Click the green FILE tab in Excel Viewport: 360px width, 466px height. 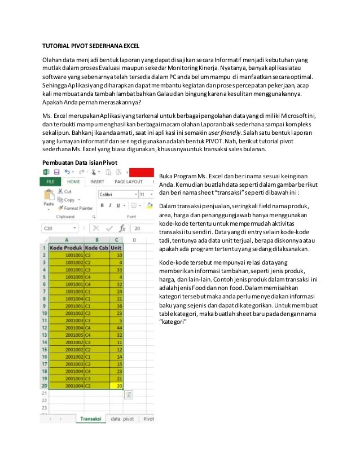[x=50, y=182]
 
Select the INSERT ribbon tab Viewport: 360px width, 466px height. [x=97, y=182]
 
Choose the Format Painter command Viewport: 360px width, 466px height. [x=78, y=208]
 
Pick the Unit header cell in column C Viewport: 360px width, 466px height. [x=117, y=247]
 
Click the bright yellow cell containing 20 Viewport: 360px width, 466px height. [x=117, y=386]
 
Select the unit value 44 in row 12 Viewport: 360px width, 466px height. [x=117, y=327]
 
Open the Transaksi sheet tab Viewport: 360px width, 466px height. [x=90, y=419]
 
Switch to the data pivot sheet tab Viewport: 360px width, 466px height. [x=122, y=419]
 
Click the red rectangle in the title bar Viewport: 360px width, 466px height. [x=142, y=172]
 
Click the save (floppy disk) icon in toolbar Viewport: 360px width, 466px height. [x=56, y=172]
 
